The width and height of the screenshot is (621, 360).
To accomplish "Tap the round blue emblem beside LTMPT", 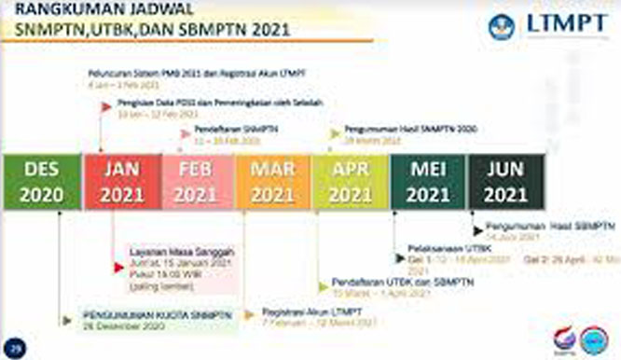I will tap(501, 26).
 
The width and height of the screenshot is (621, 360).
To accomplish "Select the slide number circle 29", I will tap(14, 347).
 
